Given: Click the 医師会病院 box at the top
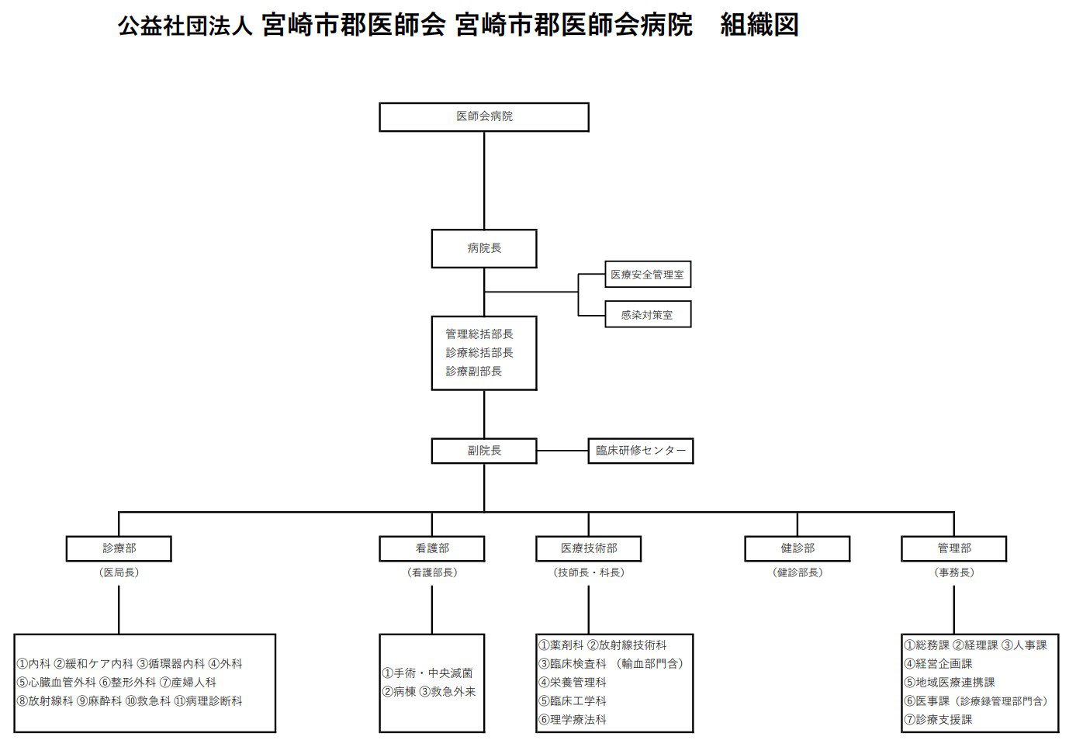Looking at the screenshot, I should [483, 117].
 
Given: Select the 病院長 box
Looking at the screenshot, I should [483, 248].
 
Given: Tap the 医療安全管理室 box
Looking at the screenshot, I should [647, 275].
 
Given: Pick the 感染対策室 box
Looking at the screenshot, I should [647, 315].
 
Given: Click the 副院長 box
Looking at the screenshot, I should [483, 451].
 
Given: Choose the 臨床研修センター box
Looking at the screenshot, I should [640, 451].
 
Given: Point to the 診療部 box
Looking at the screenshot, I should [119, 548].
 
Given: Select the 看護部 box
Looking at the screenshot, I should [431, 548].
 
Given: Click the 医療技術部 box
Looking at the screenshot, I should [588, 548].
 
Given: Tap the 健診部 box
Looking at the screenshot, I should [797, 548].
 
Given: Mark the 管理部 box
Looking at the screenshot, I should [953, 548].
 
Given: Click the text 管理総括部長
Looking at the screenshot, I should [479, 334].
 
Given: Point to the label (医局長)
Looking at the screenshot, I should [119, 572].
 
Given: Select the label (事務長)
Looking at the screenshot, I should [953, 572].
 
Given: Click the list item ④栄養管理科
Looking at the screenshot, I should [573, 683].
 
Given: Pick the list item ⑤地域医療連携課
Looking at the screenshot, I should [950, 683].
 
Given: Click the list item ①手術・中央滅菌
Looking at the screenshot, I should [427, 673].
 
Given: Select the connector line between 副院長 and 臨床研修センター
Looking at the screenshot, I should [562, 451].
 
